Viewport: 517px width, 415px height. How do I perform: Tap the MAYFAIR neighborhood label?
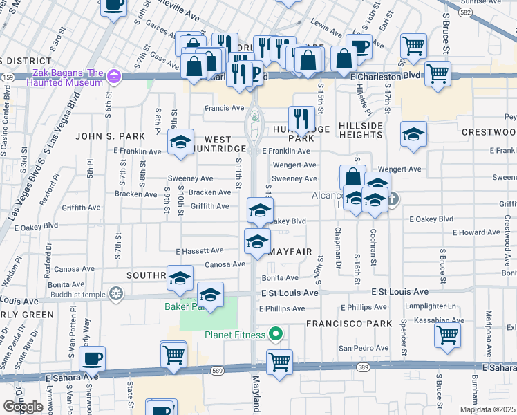coord(290,252)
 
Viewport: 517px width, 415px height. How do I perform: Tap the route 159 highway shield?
coord(6,77)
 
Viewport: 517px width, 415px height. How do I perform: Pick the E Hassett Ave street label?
coord(200,250)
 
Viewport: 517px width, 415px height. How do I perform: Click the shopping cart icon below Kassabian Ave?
coord(448,335)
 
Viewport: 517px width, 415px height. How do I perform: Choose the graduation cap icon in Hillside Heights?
coord(413,134)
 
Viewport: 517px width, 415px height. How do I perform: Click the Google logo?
coord(23,407)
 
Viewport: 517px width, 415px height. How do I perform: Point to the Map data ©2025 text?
coord(487,409)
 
